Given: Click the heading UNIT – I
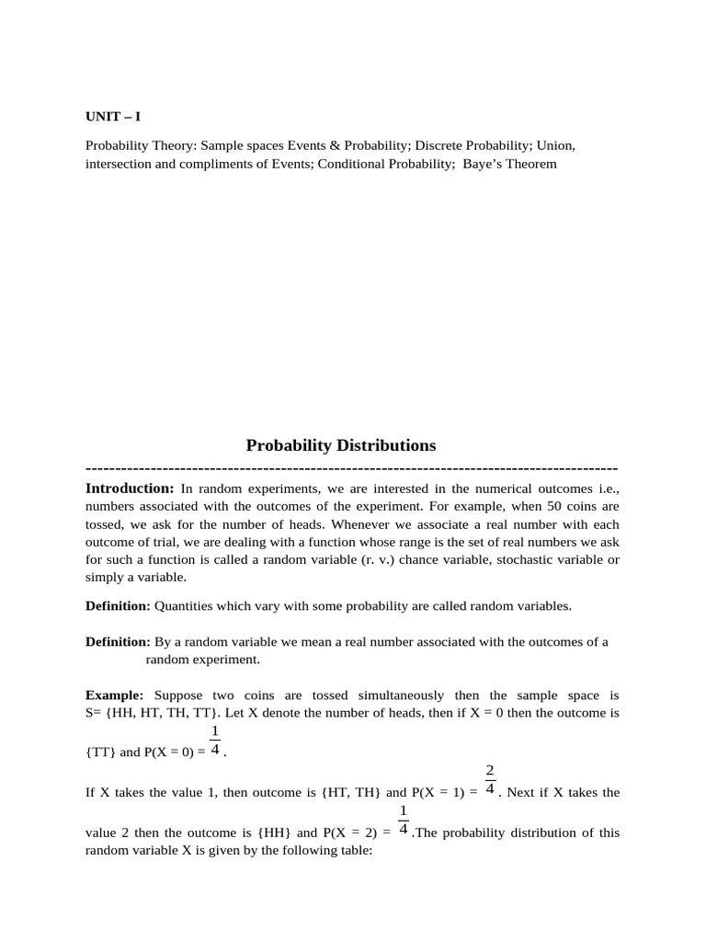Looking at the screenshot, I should pos(113,117).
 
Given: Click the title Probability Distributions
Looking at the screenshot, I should pos(341,445).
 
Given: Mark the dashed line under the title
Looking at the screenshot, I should pos(352,468).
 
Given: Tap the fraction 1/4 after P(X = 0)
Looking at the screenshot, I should pos(214,741).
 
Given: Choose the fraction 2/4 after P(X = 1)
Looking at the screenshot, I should pos(490,780).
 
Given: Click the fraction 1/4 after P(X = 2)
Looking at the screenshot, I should pos(403,821).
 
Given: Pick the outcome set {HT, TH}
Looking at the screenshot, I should pos(348,792).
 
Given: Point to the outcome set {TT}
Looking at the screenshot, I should pos(101,752).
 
